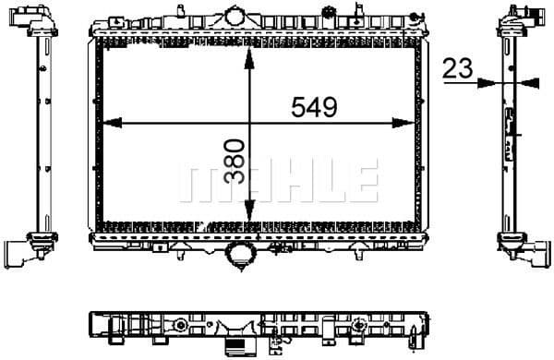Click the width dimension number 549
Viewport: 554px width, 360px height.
coord(313,107)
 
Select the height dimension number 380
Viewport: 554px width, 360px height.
coord(234,162)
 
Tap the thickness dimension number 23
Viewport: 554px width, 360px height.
coord(457,67)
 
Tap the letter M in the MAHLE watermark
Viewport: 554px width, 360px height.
coord(200,183)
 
